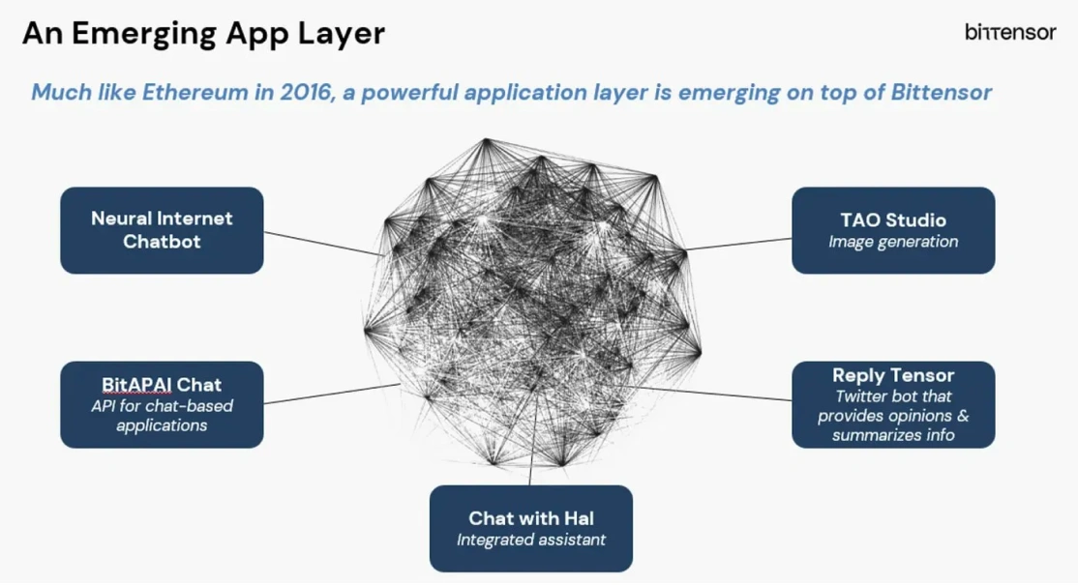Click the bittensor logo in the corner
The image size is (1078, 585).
click(1009, 33)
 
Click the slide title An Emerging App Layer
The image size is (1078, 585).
click(203, 34)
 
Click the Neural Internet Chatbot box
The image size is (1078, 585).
click(162, 230)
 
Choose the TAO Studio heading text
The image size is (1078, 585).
click(892, 219)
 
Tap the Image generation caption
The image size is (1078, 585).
click(892, 242)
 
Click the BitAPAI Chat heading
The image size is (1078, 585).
click(162, 384)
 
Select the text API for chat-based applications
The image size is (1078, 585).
click(162, 416)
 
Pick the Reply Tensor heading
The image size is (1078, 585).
click(892, 375)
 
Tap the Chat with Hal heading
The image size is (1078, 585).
click(530, 518)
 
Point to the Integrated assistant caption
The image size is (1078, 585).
click(530, 540)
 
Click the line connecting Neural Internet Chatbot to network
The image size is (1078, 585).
click(319, 243)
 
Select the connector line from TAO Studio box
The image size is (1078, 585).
click(740, 244)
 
